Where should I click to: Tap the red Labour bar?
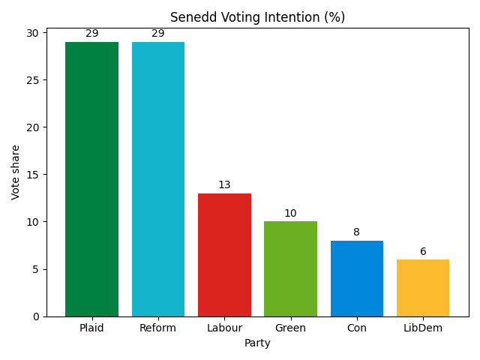224,255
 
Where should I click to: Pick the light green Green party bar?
290,268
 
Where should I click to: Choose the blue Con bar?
357,278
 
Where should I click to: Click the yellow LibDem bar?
423,288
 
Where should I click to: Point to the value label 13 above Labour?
224,185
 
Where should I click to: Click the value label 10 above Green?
290,214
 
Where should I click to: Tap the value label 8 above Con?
357,232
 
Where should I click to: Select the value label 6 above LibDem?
423,251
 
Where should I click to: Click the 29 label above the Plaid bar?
91,34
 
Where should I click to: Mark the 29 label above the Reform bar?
158,34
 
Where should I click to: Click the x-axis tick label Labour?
224,328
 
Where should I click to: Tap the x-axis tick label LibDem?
423,328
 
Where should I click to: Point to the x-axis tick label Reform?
158,328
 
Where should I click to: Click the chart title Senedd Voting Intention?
257,17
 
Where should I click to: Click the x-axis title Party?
257,343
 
